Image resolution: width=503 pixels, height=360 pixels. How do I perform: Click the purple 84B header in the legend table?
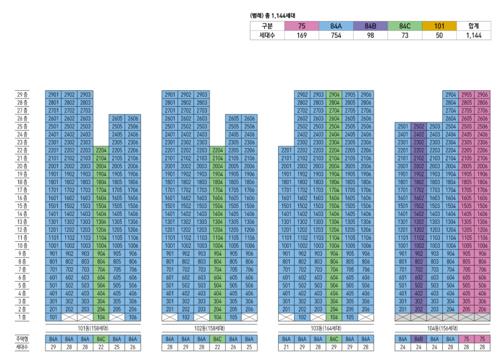370,26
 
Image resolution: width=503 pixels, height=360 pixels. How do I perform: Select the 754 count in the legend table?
336,35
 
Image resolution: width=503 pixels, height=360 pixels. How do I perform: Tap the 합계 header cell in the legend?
474,26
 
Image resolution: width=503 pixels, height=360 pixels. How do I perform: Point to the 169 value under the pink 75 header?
301,35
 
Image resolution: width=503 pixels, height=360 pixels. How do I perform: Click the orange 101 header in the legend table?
439,26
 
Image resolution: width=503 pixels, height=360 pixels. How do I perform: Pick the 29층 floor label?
22,95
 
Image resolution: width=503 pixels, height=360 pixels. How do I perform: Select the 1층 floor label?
22,317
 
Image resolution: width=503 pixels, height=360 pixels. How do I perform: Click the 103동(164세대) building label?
326,328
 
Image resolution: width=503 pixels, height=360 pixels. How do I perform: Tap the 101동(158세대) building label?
93,328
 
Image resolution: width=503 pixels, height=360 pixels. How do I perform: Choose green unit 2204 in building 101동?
101,150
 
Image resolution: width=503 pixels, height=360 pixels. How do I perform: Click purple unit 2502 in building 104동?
419,127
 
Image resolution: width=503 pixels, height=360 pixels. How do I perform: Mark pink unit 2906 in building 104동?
482,95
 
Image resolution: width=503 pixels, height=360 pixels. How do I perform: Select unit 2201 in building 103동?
286,150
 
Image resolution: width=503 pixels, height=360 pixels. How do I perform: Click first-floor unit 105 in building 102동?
233,317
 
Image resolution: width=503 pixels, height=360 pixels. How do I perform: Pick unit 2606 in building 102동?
249,118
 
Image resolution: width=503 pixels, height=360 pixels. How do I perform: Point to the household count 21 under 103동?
286,347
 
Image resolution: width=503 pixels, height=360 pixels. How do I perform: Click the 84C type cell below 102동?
217,339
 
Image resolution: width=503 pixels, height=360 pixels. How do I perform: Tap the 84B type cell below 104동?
419,339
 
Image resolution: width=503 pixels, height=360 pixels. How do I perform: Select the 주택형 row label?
22,339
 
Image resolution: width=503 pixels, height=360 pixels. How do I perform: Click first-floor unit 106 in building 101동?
133,317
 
